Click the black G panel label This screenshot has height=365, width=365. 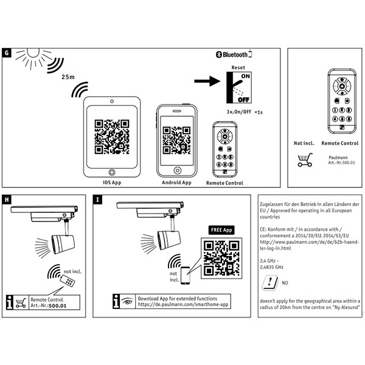click(7, 53)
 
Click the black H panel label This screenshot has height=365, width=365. click(7, 199)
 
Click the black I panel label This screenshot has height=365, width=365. click(99, 199)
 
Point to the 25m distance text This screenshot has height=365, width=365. click(68, 78)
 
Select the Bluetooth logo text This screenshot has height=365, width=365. click(241, 55)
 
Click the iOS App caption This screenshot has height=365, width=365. click(111, 182)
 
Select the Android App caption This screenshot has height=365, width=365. click(176, 182)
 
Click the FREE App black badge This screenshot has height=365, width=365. click(221, 231)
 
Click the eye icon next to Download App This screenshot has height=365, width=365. click(126, 299)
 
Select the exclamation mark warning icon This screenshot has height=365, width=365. click(268, 282)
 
